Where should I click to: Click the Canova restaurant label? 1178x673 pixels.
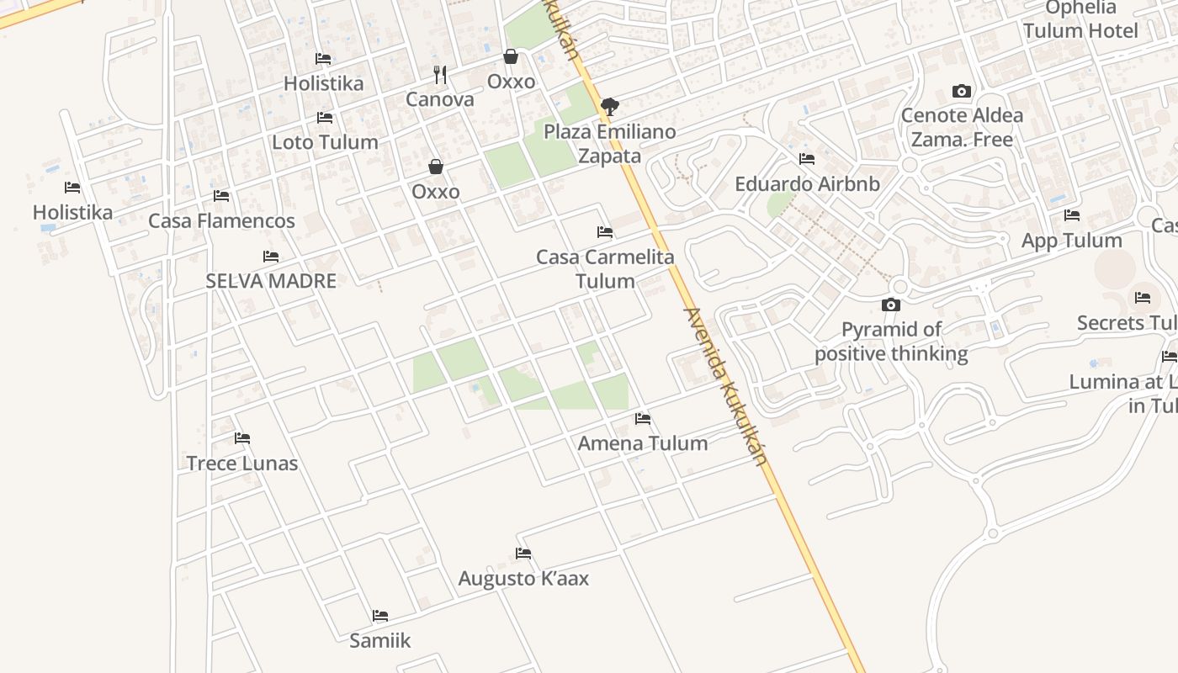point(440,99)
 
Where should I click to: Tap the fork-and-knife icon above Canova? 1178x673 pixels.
point(440,75)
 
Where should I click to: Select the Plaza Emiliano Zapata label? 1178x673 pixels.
point(609,144)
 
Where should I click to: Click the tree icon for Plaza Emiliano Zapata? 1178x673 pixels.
point(610,107)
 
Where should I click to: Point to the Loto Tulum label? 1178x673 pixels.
point(325,142)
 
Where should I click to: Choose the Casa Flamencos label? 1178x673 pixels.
point(221,221)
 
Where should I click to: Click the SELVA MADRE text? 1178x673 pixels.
point(271,281)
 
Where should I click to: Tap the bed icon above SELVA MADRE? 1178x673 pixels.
point(271,257)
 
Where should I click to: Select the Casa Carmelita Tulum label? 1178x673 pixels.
point(605,268)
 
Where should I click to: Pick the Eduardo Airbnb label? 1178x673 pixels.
point(807,184)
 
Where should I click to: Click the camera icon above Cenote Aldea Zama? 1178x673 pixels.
point(962,91)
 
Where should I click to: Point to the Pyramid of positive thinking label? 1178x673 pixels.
point(891,342)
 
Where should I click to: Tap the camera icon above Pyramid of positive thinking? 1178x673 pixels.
point(891,305)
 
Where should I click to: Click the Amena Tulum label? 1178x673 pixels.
point(643,443)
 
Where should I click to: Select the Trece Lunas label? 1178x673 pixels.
point(242,463)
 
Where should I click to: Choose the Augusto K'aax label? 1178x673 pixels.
point(523,579)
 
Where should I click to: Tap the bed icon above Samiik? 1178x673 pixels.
point(380,616)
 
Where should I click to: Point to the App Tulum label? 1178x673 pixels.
point(1071,241)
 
